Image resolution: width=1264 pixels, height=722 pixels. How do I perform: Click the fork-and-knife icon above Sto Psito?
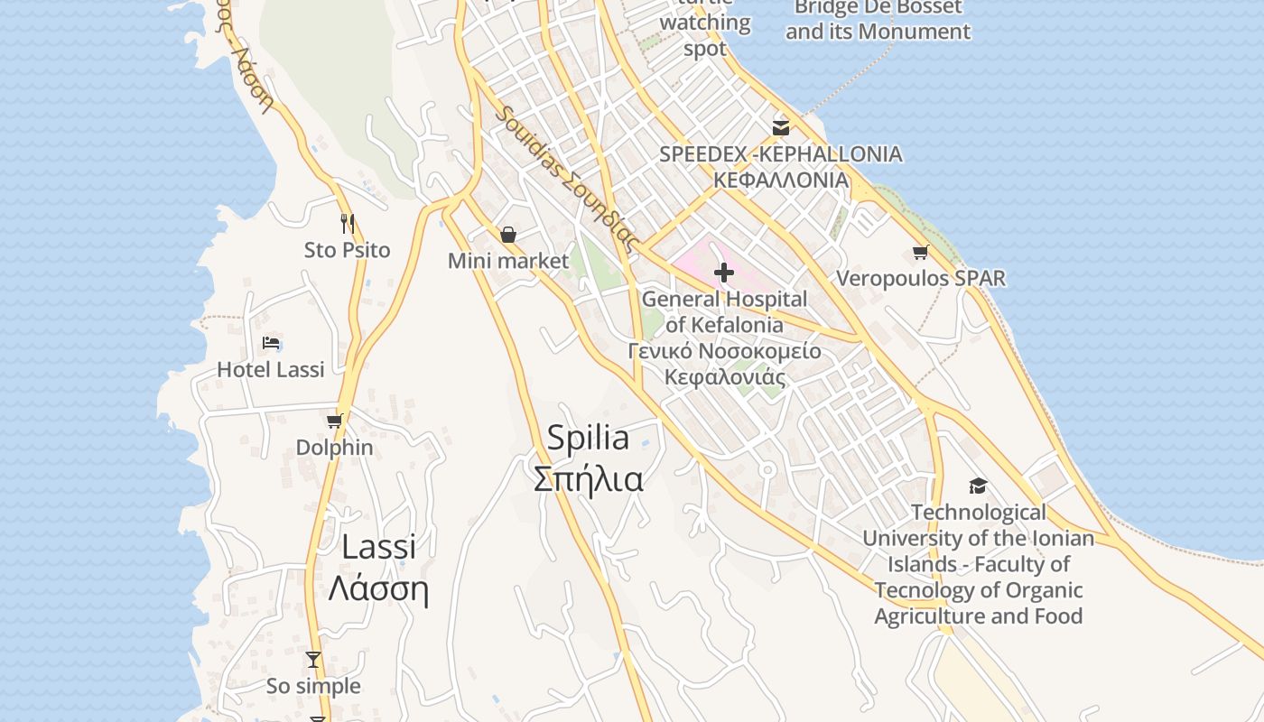pyautogui.click(x=347, y=223)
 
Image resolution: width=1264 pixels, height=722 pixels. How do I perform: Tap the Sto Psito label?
pyautogui.click(x=347, y=250)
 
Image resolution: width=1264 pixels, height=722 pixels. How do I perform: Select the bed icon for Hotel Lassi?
pyautogui.click(x=271, y=342)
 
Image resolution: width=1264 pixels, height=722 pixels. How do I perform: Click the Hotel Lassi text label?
pyautogui.click(x=271, y=369)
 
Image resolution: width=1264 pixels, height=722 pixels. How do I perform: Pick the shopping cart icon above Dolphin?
pyautogui.click(x=335, y=421)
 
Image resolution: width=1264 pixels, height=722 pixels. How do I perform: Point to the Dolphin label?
pyautogui.click(x=335, y=448)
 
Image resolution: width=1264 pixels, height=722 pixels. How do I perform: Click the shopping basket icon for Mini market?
pyautogui.click(x=508, y=235)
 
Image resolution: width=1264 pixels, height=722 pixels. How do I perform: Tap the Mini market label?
pyautogui.click(x=508, y=262)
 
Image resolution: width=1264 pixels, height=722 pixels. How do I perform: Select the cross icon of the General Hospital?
pyautogui.click(x=724, y=272)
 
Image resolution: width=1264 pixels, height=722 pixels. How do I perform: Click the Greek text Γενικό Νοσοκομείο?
pyautogui.click(x=725, y=351)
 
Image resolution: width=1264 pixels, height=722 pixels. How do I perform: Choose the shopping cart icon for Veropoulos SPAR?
pyautogui.click(x=920, y=252)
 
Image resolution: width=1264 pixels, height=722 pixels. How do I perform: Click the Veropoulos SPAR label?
pyautogui.click(x=920, y=278)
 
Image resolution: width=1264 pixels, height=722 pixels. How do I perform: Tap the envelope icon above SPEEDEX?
pyautogui.click(x=781, y=127)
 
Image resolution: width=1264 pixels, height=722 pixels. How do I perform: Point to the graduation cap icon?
pyautogui.click(x=978, y=486)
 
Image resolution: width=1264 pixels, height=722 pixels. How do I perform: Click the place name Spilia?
pyautogui.click(x=588, y=438)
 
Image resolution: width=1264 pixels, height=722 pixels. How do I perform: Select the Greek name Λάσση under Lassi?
pyautogui.click(x=377, y=589)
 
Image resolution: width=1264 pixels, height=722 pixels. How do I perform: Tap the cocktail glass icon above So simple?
pyautogui.click(x=313, y=660)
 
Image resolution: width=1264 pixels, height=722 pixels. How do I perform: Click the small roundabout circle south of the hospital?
pyautogui.click(x=767, y=470)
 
